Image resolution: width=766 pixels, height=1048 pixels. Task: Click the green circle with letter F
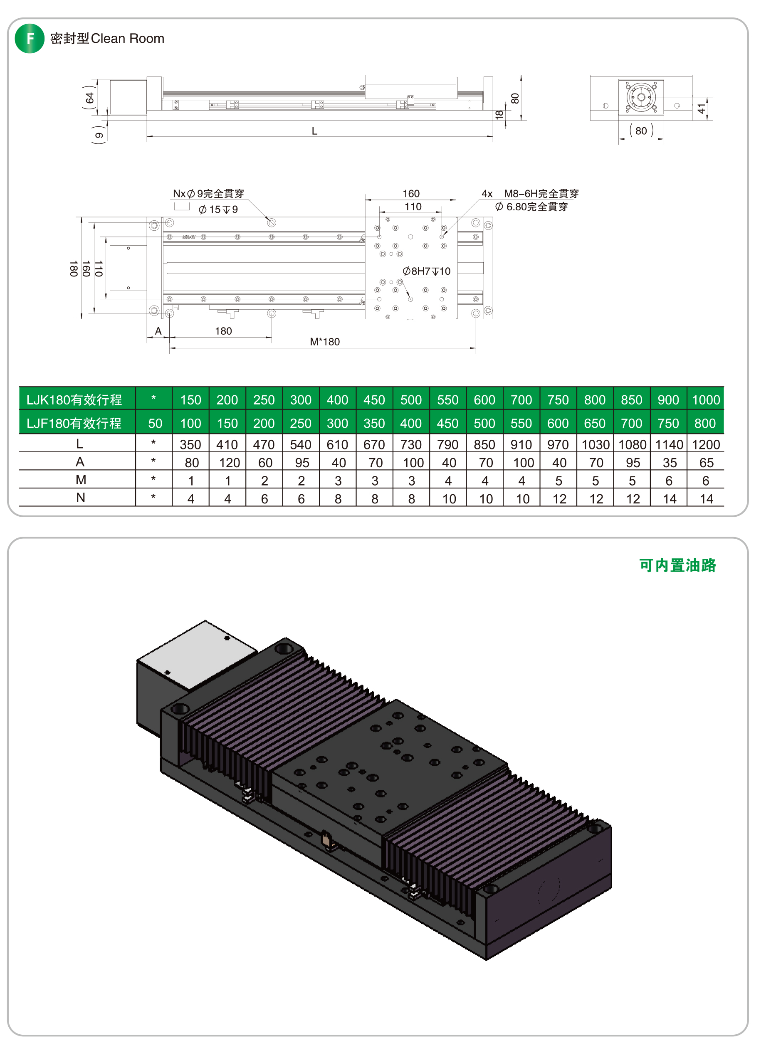click(30, 39)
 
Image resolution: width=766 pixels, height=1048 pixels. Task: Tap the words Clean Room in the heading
click(128, 39)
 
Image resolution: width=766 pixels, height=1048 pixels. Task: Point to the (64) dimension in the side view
click(89, 97)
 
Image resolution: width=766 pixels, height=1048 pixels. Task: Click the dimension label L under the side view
click(315, 131)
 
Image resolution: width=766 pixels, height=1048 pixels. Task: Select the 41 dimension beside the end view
click(702, 108)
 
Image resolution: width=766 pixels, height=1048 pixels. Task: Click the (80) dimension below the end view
click(641, 131)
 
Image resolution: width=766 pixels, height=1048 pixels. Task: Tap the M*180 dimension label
click(325, 342)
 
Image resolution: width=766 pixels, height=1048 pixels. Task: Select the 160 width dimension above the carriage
click(411, 194)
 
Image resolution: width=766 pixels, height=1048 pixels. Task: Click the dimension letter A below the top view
click(158, 331)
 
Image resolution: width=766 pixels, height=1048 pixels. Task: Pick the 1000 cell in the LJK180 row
click(706, 400)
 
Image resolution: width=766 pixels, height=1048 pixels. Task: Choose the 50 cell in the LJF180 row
click(155, 424)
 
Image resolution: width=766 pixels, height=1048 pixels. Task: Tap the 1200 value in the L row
click(706, 445)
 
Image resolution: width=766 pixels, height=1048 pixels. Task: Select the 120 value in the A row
click(230, 463)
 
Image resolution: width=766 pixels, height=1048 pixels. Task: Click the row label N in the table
click(81, 498)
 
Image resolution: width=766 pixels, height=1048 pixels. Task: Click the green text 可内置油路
click(677, 566)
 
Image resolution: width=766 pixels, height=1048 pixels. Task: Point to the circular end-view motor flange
click(641, 97)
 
